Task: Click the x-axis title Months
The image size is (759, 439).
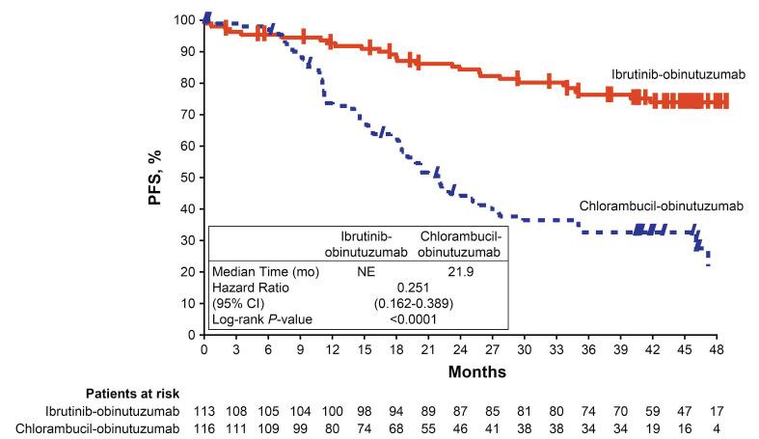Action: (x=459, y=370)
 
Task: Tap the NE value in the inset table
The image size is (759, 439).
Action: (x=366, y=271)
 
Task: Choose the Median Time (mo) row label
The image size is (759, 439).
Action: (x=258, y=271)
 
